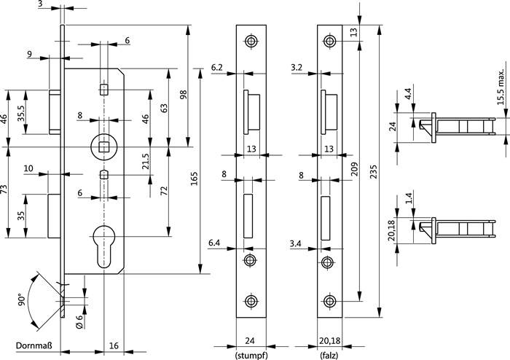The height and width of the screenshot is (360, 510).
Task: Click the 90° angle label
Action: click(x=22, y=300)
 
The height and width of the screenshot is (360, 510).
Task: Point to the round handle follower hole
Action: click(x=105, y=146)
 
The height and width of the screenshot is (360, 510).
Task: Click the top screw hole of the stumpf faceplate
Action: click(x=251, y=42)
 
